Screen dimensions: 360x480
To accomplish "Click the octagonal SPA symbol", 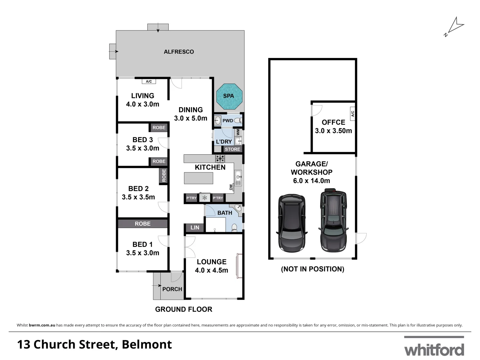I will click(229, 96).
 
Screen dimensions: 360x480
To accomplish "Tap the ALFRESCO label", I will click(179, 52).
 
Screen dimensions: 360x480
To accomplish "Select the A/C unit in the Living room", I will click(149, 81).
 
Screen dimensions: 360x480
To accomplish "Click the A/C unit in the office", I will click(352, 114).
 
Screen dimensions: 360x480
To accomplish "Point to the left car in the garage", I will click(292, 223).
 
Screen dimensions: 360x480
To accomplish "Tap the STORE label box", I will click(232, 149).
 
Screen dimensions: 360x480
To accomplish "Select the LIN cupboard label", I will click(195, 228).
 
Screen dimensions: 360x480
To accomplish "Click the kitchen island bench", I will click(198, 178).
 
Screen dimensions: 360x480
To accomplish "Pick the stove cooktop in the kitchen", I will click(220, 158).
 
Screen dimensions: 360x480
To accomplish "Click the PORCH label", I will click(172, 289).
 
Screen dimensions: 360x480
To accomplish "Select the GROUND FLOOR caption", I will click(184, 309).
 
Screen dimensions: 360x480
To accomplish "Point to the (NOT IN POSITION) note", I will click(312, 269).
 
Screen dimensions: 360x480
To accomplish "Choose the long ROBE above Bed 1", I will click(143, 224).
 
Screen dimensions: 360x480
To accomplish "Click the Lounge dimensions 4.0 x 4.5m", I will click(211, 270).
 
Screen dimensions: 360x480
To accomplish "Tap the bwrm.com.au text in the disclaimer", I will click(42, 325).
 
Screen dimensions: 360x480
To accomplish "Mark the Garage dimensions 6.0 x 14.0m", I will click(311, 181).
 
